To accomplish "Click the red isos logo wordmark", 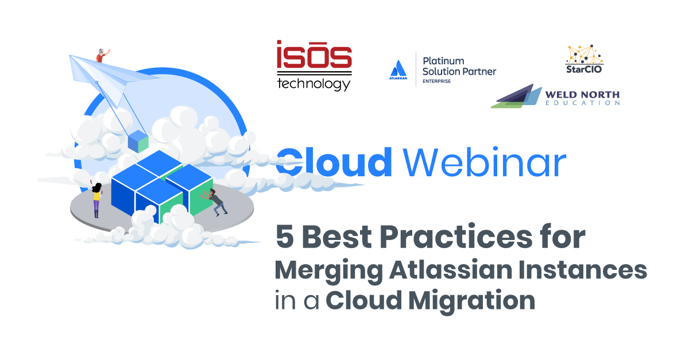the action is click(314, 54).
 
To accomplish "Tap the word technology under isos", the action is click(313, 84).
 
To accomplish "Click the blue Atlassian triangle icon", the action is click(398, 68).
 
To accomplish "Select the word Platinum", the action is click(443, 61).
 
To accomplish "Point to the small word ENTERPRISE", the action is click(436, 81).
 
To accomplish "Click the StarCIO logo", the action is click(584, 59).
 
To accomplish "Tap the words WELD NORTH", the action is click(582, 95).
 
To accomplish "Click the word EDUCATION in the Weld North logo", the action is click(583, 103).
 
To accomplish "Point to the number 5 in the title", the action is click(285, 237).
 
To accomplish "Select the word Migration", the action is click(472, 301).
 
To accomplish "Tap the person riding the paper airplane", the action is click(102, 55).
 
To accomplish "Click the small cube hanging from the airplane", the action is click(138, 141).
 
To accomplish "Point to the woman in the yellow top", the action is click(96, 200).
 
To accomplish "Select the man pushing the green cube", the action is click(214, 202).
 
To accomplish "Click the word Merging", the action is click(329, 271).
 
